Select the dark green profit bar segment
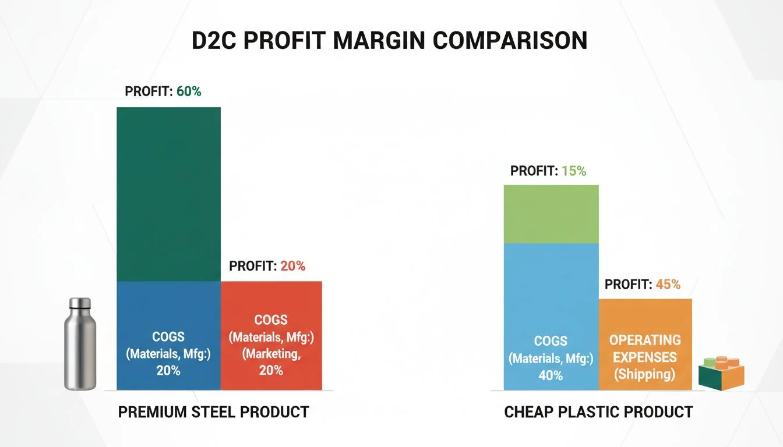(x=168, y=194)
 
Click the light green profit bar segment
(x=551, y=214)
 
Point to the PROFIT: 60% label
(x=163, y=91)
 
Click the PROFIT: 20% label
(x=267, y=266)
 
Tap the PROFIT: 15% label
(x=548, y=171)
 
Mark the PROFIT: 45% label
(x=643, y=285)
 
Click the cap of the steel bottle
(x=80, y=303)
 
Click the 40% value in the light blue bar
(x=551, y=375)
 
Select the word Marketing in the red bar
(x=271, y=353)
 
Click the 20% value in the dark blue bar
(x=168, y=370)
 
